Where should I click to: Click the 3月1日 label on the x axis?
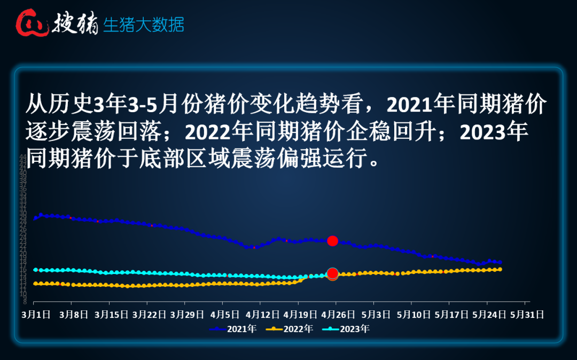coord(37,315)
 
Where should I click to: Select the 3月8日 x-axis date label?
coord(74,315)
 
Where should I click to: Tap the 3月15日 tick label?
coord(112,315)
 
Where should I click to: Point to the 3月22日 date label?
coord(149,315)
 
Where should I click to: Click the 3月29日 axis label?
coord(187,315)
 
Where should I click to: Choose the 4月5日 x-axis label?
coord(224,315)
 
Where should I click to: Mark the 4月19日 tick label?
coord(300,315)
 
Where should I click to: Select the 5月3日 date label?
coord(375,315)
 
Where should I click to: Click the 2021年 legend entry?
coord(233,329)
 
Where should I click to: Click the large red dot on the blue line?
coord(332,241)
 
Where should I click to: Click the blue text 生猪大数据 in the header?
coord(143,25)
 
